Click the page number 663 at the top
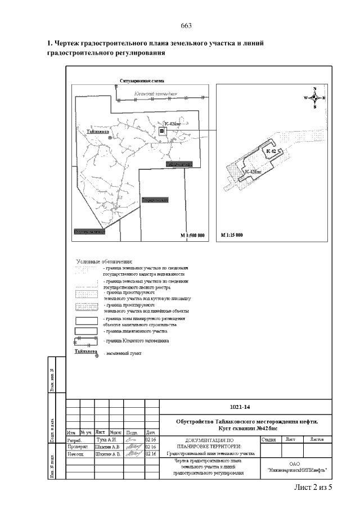187,26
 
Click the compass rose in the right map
314,98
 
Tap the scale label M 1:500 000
192,234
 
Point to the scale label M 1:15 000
232,234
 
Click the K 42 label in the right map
271,152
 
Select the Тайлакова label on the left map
97,132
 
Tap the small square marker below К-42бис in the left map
162,130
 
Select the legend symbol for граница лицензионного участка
86,331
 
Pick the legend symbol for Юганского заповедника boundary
86,341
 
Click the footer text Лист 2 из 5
313,487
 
